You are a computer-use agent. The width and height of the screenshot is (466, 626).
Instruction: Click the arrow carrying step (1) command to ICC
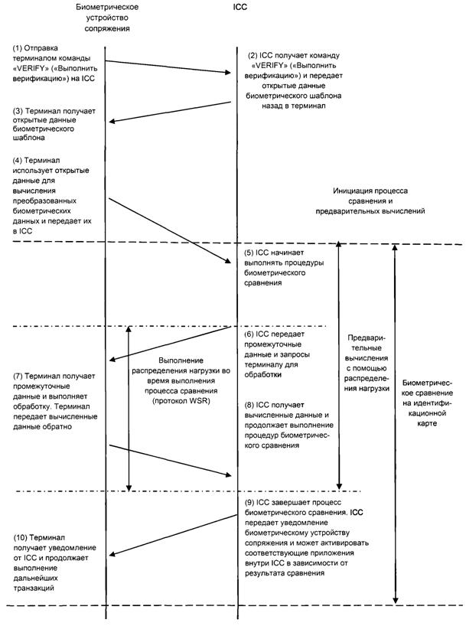(x=168, y=67)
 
